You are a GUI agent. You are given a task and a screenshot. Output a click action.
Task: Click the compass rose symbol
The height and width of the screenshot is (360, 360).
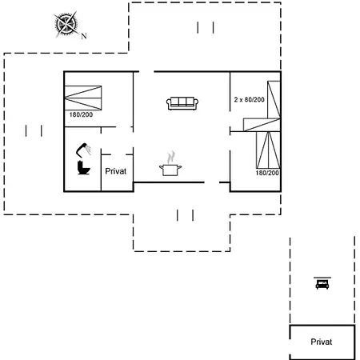tap(66, 24)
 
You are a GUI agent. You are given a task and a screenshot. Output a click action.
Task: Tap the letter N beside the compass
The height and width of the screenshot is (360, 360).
tap(84, 36)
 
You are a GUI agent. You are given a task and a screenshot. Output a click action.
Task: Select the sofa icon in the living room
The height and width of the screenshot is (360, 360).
tap(182, 103)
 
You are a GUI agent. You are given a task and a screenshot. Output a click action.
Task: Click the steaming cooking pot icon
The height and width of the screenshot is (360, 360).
tap(170, 164)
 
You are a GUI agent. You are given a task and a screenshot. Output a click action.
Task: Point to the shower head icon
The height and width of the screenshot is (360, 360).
tap(83, 150)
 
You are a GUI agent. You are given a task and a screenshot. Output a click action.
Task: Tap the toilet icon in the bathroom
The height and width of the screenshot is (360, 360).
tap(84, 168)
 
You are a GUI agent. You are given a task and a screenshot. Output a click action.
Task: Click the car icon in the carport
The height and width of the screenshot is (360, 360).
tap(322, 283)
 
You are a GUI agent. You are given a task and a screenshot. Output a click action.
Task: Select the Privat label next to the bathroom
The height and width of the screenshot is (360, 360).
tap(116, 171)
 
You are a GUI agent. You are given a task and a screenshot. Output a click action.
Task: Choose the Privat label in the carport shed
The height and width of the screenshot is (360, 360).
tap(322, 342)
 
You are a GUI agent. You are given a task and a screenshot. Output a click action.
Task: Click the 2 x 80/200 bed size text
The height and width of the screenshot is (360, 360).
tap(250, 100)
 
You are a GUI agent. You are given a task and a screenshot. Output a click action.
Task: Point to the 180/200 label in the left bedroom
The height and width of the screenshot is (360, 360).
tap(81, 114)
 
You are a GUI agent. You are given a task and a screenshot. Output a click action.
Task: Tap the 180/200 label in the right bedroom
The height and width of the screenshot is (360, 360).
tap(267, 173)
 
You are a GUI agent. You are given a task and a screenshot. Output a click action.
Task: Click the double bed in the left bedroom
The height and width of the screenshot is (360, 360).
tap(83, 98)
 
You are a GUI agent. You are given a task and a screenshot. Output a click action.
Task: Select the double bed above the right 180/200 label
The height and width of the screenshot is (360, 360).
tap(268, 150)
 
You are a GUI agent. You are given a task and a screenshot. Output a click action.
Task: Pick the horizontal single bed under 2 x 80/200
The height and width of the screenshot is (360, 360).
tap(262, 125)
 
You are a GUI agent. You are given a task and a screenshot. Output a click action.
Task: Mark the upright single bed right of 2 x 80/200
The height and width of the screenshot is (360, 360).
tap(274, 100)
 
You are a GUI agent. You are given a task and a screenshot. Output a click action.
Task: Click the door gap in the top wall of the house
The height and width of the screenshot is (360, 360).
tap(146, 71)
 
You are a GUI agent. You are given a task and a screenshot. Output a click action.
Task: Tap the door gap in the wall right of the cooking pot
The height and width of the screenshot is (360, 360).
tap(212, 182)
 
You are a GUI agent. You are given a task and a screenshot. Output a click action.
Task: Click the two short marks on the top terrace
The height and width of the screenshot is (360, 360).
tap(206, 27)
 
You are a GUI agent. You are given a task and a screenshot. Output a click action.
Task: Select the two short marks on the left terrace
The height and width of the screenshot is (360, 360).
tap(34, 130)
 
